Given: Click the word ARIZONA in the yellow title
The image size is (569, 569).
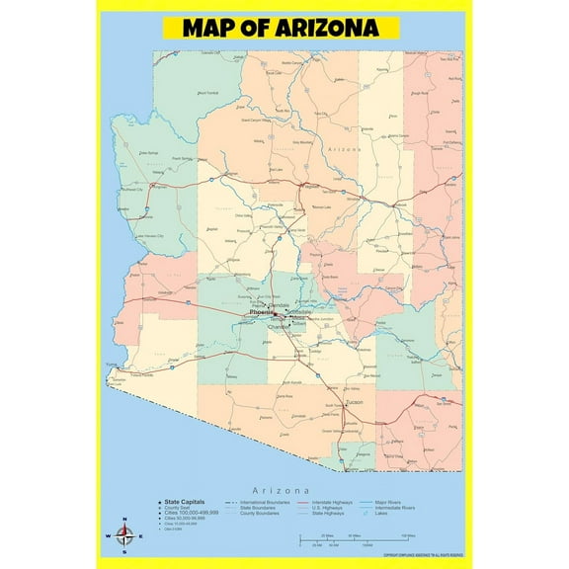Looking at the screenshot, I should [330, 27].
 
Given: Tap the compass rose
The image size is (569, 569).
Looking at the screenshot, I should [123, 537].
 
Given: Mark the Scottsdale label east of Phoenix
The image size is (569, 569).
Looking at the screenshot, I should [300, 310].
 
